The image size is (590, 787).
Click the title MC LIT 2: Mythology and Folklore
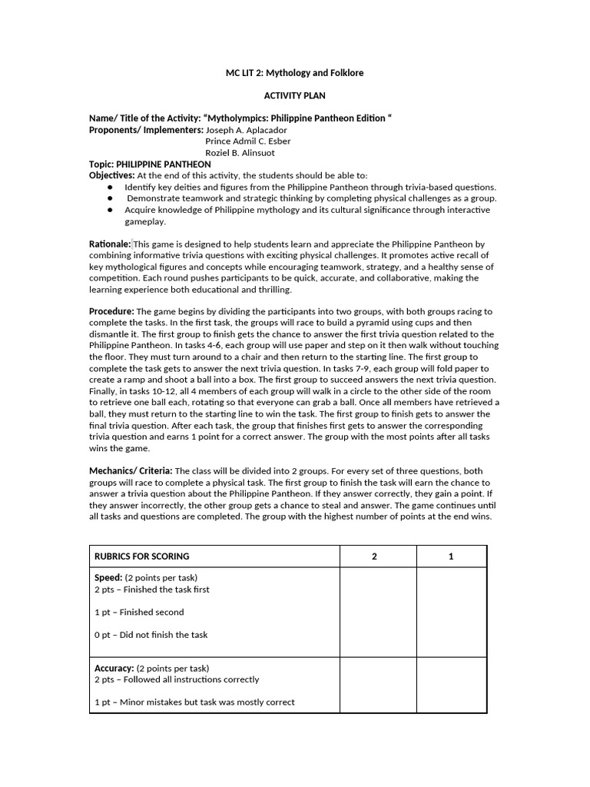pos(295,73)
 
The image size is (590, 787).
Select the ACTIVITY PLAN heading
pos(295,96)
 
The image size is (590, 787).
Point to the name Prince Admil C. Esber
pos(247,141)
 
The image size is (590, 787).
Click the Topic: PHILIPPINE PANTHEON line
pos(150,164)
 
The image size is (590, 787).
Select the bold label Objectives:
pos(112,176)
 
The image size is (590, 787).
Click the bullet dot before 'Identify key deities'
pos(111,188)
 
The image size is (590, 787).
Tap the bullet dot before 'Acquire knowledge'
pos(111,210)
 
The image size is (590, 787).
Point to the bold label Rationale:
pos(110,244)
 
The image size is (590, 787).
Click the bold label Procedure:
pos(111,311)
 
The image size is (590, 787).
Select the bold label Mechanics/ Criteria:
pos(131,471)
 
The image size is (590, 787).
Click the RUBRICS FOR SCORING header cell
pos(142,556)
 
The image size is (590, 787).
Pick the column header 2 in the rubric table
pos(374,556)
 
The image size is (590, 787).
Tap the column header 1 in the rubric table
pos(451,556)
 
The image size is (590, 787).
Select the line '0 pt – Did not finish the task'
pos(151,635)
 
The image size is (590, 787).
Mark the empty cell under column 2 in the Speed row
pos(378,612)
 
